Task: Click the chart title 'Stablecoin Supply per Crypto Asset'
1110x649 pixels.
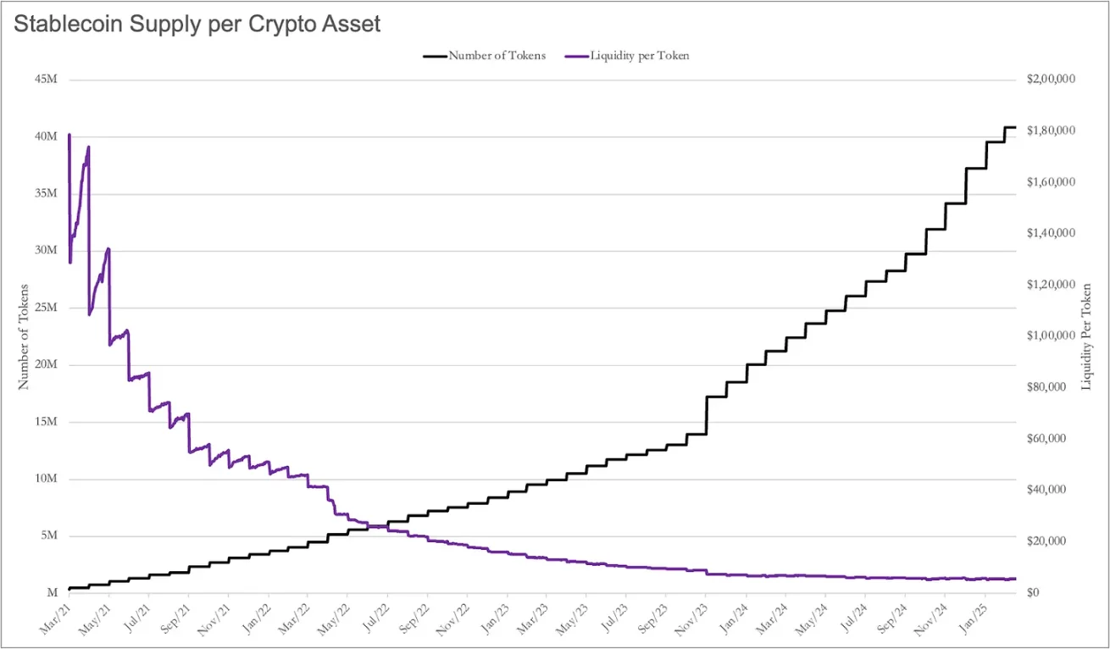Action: [x=197, y=24]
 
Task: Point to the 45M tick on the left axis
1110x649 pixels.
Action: [x=47, y=80]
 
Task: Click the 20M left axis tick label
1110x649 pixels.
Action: [x=47, y=365]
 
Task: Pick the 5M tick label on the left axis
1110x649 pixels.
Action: [x=49, y=536]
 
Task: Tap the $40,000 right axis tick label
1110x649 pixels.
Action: [x=1054, y=490]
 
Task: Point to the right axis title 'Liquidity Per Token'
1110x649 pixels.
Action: [x=1086, y=336]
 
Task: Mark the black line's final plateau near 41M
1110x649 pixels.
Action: [x=1010, y=127]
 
